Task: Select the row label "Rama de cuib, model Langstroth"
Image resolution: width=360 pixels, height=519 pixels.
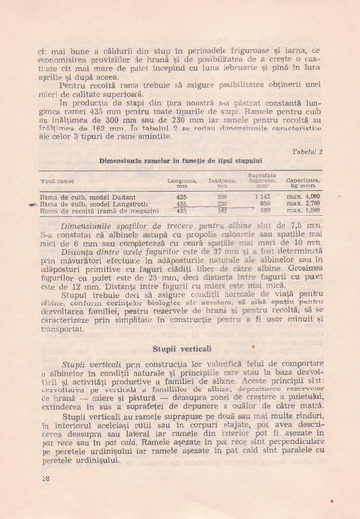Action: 91,204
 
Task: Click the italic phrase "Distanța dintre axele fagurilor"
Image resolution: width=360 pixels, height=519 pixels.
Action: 117,253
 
